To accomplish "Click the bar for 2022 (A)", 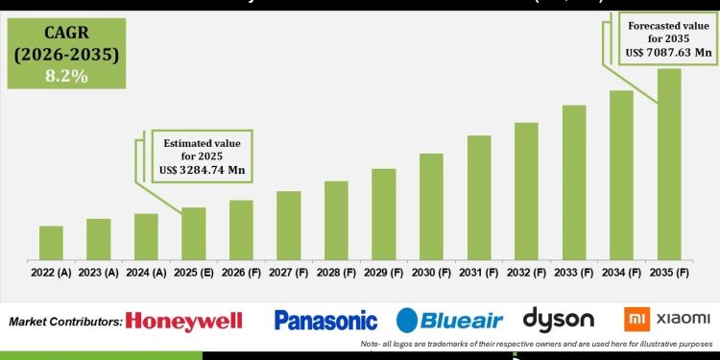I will click(x=51, y=243).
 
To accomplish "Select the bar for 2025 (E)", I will click(x=193, y=233).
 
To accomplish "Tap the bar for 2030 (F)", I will click(x=431, y=206).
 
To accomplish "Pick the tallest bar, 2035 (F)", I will click(x=669, y=163).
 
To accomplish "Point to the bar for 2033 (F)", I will click(x=574, y=182).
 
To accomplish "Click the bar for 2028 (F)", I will click(x=336, y=220).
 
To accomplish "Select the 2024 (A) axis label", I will click(x=146, y=273).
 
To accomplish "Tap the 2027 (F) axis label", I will click(x=289, y=273).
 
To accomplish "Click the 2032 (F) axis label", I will click(x=526, y=273).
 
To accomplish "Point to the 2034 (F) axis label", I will click(x=621, y=273).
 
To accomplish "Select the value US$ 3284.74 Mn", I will click(x=202, y=168).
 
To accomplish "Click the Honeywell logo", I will click(x=183, y=321).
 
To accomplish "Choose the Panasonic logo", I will click(x=325, y=320).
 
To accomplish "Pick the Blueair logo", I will click(x=448, y=321).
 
